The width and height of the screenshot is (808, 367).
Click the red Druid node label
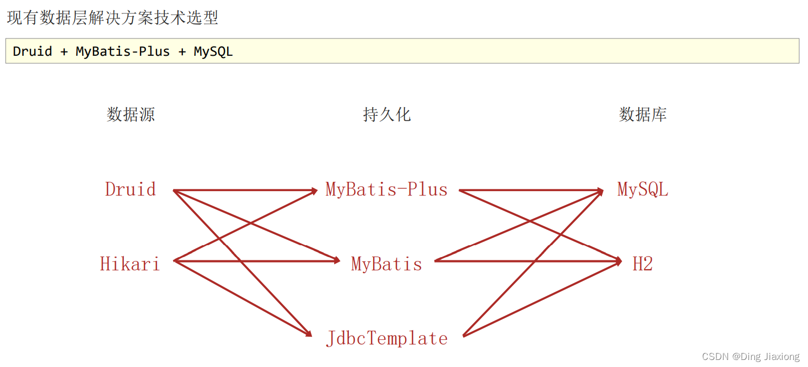(x=130, y=189)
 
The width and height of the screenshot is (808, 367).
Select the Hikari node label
(x=130, y=264)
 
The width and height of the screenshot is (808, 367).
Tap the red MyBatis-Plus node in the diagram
(x=386, y=189)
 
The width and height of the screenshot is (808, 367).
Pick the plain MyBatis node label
(x=386, y=264)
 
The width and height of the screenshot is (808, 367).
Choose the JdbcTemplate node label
(x=386, y=338)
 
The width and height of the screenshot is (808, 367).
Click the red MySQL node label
(x=643, y=189)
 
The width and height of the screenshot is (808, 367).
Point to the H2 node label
(x=643, y=264)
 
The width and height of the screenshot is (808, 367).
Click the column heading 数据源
(x=130, y=115)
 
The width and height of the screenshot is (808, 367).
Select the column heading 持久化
(x=386, y=115)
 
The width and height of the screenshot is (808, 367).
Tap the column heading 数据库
(x=643, y=115)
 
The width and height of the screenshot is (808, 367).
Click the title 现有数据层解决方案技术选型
(x=112, y=18)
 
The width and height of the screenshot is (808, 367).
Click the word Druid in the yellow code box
(x=32, y=51)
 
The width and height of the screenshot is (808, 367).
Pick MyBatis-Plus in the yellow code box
(x=122, y=51)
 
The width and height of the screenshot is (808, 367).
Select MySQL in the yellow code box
(x=213, y=51)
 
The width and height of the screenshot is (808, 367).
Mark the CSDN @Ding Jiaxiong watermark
(x=750, y=356)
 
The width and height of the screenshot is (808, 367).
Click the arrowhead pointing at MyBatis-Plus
(x=314, y=191)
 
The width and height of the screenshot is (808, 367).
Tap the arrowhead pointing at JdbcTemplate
(x=309, y=333)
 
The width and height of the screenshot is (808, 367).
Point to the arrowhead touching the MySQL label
(x=600, y=191)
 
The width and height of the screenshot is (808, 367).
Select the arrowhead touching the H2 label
(x=618, y=261)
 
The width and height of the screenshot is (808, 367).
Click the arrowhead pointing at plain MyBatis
(x=336, y=261)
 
